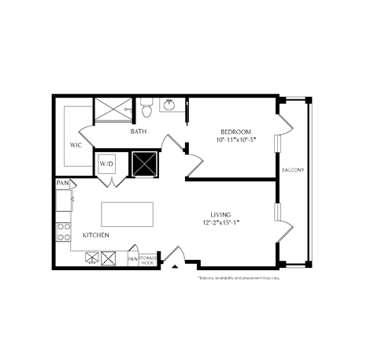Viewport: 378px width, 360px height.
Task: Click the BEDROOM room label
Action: (x=236, y=131)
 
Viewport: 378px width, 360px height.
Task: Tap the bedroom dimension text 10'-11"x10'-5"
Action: (x=236, y=139)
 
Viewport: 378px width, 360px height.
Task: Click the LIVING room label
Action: (x=220, y=213)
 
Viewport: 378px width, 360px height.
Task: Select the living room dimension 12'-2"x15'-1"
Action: (x=220, y=223)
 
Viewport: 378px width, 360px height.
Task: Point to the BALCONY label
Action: (x=293, y=170)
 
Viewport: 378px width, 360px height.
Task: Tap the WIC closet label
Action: (x=76, y=145)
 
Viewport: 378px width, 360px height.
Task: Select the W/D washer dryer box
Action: (x=106, y=164)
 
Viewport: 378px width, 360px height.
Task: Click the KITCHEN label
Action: (x=94, y=236)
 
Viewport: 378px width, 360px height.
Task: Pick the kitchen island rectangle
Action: (x=127, y=213)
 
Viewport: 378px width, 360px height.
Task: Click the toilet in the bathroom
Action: (x=146, y=104)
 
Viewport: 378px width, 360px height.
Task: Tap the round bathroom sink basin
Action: (x=169, y=103)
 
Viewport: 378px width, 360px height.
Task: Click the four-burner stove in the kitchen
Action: (x=63, y=232)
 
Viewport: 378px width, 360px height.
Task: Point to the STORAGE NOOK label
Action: (x=148, y=258)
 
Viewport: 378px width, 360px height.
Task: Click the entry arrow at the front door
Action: (x=175, y=269)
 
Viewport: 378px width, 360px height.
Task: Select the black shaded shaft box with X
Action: (x=145, y=164)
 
